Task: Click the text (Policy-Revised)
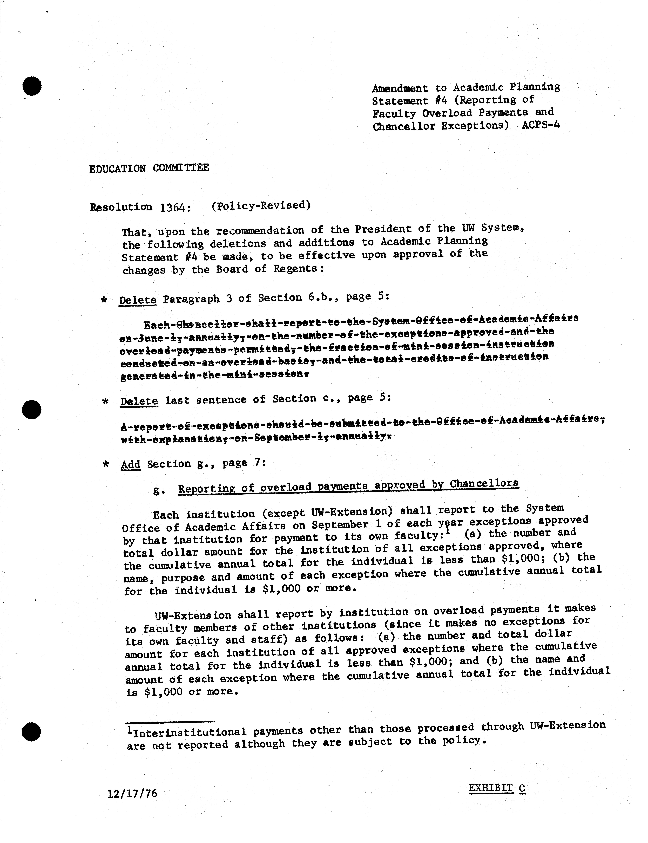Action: [261, 205]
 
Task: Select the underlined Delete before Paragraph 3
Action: [138, 300]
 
